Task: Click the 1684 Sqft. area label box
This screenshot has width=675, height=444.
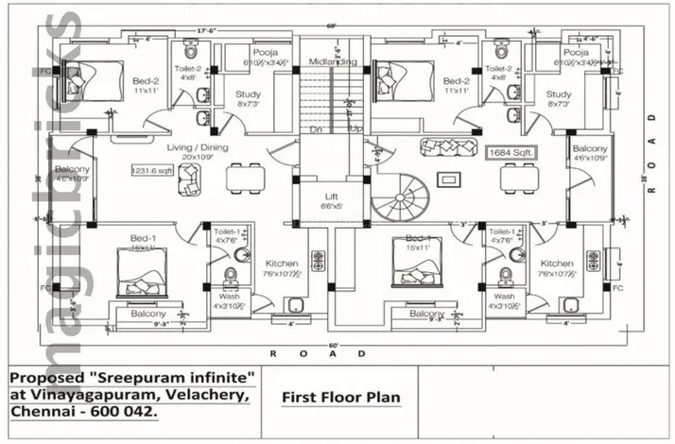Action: click(511, 151)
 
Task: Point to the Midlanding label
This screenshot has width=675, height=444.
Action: click(332, 62)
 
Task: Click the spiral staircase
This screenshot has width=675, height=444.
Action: click(399, 201)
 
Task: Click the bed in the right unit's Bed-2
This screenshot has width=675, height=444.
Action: click(407, 77)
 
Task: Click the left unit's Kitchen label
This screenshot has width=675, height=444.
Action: click(282, 264)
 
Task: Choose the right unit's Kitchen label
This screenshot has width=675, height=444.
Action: click(557, 264)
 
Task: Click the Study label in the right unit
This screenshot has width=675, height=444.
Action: click(558, 94)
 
